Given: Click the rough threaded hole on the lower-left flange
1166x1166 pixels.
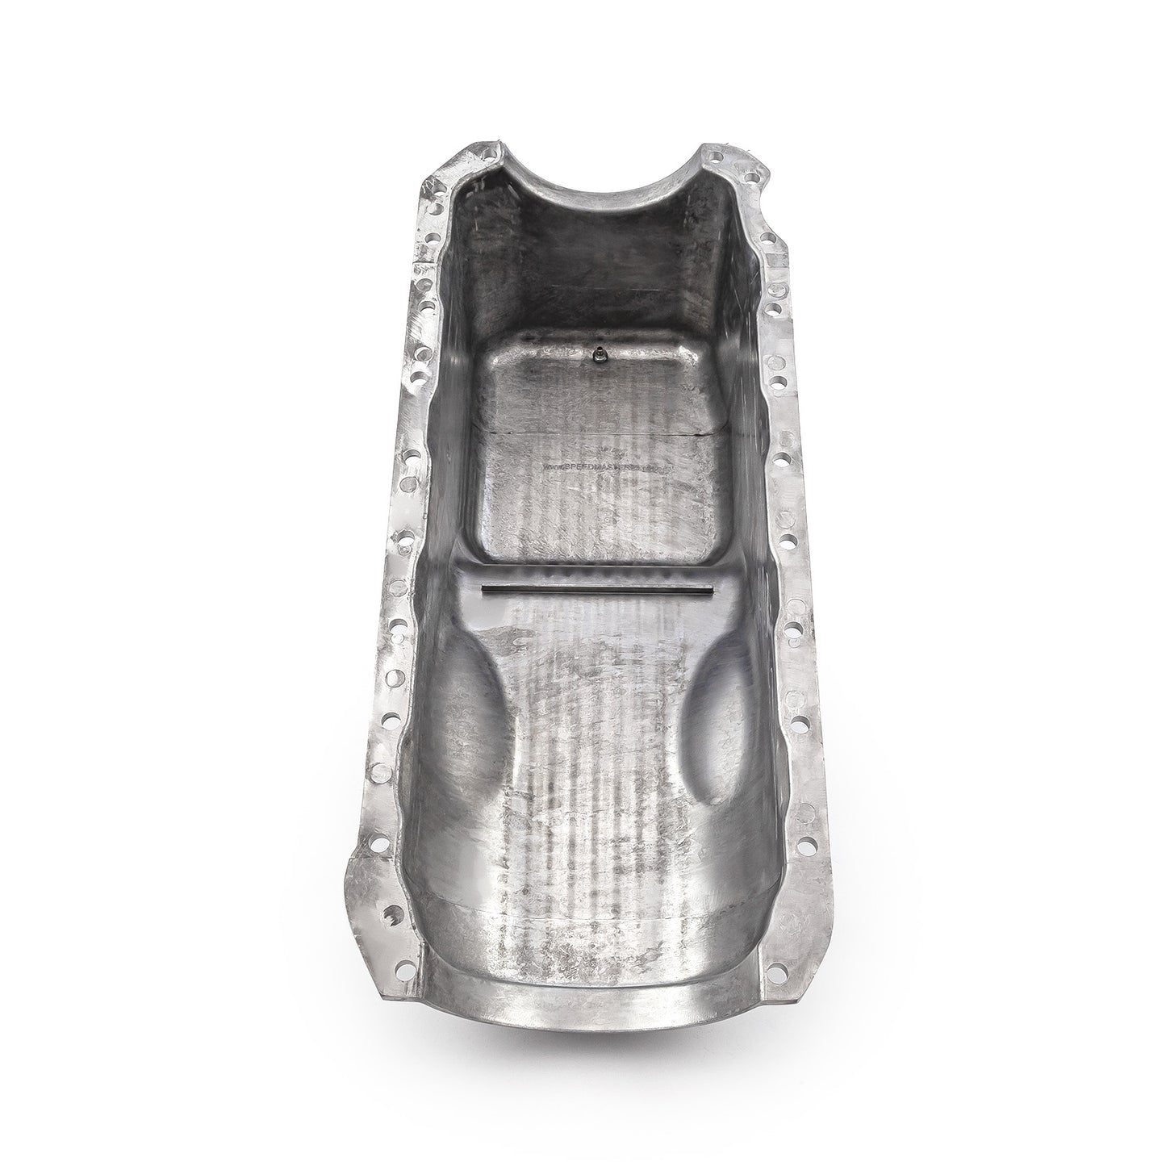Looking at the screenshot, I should (x=392, y=915).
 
